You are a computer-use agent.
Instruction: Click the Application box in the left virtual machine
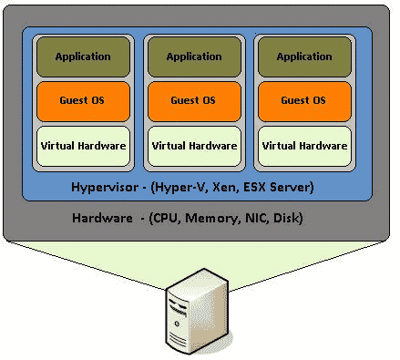point(83,57)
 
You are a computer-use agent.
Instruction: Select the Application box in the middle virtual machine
point(193,57)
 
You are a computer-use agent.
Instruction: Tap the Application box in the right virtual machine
point(304,57)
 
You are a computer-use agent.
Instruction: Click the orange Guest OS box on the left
point(83,100)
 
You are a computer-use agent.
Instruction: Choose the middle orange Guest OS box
point(193,100)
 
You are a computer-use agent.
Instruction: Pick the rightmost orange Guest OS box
point(304,100)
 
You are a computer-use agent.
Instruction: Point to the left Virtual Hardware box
point(83,145)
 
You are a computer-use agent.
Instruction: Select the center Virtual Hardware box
point(193,145)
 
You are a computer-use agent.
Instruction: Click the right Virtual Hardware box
point(304,145)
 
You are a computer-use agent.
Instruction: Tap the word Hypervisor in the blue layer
point(105,188)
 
